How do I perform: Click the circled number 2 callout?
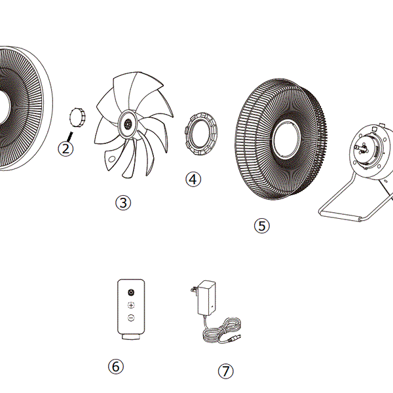[65, 149]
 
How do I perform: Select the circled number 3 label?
[122, 202]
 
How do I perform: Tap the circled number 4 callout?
[193, 178]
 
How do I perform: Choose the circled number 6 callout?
[115, 367]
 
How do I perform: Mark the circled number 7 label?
[225, 371]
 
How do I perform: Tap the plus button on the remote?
[131, 305]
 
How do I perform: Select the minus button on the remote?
[131, 318]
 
